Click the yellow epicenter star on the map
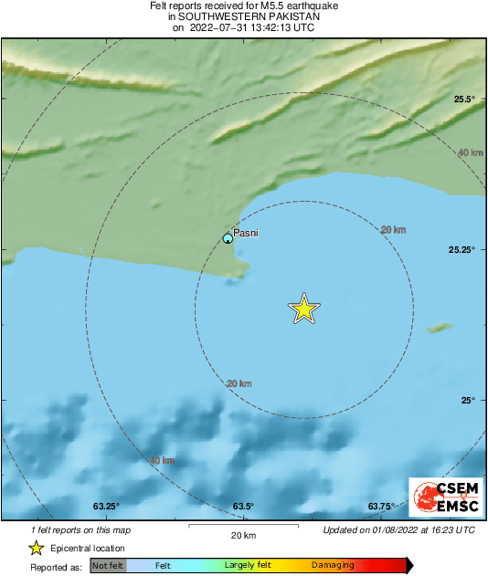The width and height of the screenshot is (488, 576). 304,309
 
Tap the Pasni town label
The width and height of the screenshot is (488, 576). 246,233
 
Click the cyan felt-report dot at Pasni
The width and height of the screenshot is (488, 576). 228,239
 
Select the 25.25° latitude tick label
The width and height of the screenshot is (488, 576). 460,249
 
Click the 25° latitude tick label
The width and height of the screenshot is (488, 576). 467,400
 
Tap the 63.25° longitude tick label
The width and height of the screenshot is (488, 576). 106,506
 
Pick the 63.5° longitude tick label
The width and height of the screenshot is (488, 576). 243,506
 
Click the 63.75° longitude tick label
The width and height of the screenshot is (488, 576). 380,506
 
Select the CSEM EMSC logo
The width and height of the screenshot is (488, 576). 443,498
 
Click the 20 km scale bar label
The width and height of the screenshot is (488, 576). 243,535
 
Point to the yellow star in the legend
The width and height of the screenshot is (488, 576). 36,549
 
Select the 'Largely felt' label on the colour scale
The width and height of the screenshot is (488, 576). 246,566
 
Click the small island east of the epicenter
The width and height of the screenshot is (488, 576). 440,327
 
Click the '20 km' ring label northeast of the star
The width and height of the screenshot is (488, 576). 393,229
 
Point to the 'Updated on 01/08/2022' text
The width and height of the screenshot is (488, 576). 399,529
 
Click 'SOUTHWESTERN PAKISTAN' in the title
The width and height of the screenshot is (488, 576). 244,16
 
